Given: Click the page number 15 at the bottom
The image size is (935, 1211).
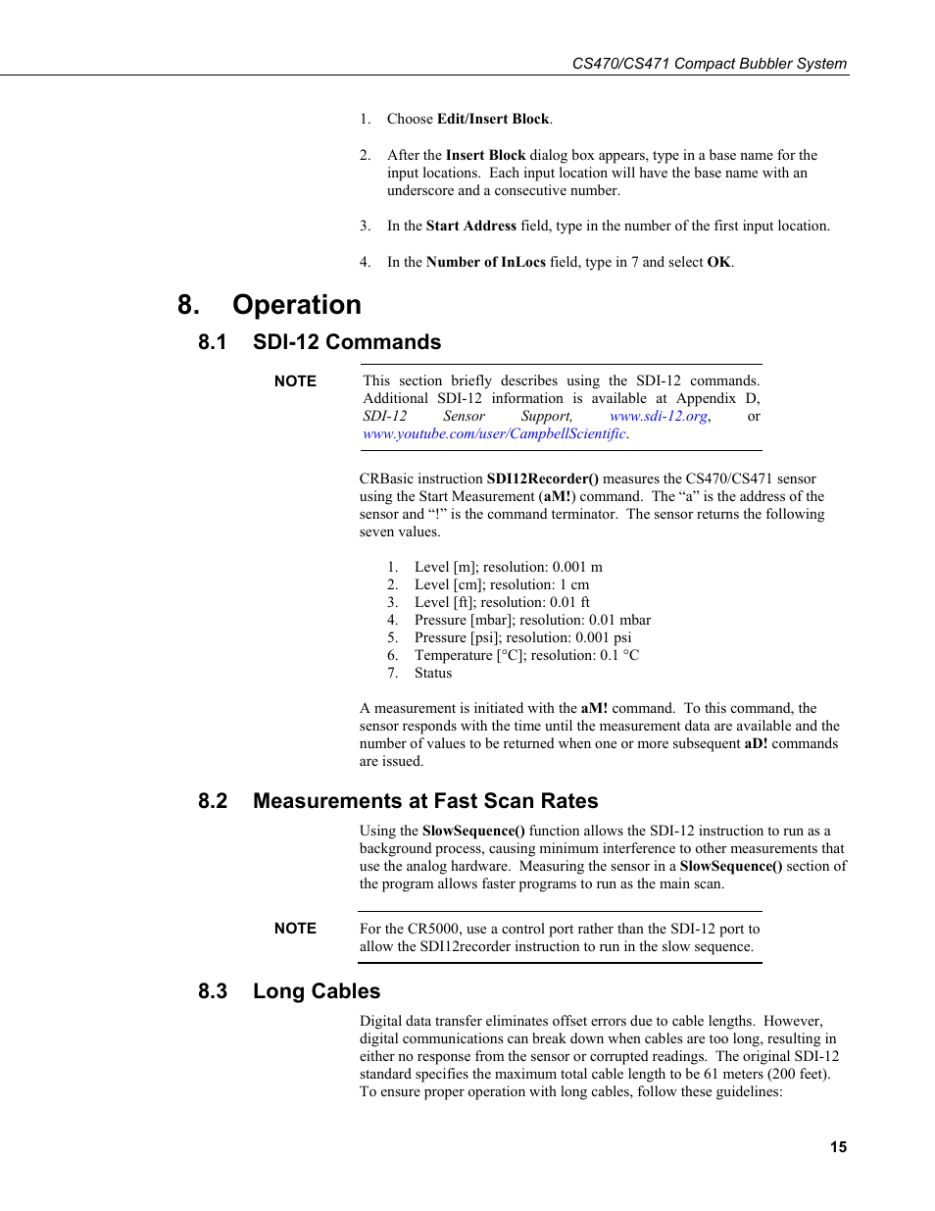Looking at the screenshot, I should coord(838,1146).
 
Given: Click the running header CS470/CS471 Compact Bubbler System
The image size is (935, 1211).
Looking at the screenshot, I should coord(709,64).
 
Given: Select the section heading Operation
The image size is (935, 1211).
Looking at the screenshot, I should coord(296,305).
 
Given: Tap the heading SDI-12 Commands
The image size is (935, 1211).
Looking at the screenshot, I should coord(346,342).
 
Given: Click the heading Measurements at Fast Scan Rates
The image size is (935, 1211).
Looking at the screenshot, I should coord(424,801).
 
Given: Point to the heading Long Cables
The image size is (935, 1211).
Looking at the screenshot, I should coord(316,991).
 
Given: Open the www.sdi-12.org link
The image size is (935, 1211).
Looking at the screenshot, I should coord(659,417).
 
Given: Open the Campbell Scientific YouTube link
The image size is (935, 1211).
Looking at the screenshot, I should coord(494,434).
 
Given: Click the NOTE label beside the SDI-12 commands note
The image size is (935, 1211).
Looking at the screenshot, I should coord(295,381).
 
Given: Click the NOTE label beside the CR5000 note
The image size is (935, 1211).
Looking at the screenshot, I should coord(295,929).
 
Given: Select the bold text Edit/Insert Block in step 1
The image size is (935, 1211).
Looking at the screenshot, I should coord(493,119).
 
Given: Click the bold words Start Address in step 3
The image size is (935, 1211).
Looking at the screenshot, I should coord(470,227).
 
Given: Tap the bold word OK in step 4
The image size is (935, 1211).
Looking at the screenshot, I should coord(718,263).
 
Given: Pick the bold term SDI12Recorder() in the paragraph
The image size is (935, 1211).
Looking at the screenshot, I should coord(542,479).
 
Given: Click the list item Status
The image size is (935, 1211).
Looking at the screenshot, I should coord(433,674).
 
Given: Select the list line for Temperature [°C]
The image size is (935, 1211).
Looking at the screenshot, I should coord(526,656).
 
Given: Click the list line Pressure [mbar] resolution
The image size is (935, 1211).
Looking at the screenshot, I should coord(532,621).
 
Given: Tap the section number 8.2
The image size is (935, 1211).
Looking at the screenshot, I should coord(213,801).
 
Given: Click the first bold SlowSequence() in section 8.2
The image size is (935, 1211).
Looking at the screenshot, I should coord(473,831).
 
